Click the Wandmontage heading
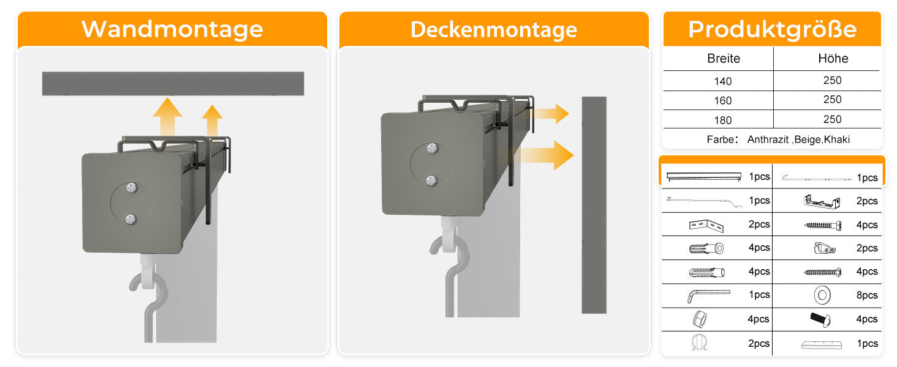[172, 29]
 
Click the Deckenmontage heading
[494, 29]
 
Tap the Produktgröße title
[772, 29]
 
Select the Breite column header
[724, 58]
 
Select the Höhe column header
[833, 58]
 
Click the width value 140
[723, 81]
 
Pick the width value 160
[723, 101]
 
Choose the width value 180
[723, 120]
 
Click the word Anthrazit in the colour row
[768, 139]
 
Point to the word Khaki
[837, 139]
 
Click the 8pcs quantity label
[867, 295]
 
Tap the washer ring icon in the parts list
[822, 295]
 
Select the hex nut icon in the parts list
[700, 319]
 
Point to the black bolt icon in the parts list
[820, 319]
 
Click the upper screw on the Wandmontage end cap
[132, 187]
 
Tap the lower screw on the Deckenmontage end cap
[431, 180]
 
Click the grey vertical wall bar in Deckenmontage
[594, 205]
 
